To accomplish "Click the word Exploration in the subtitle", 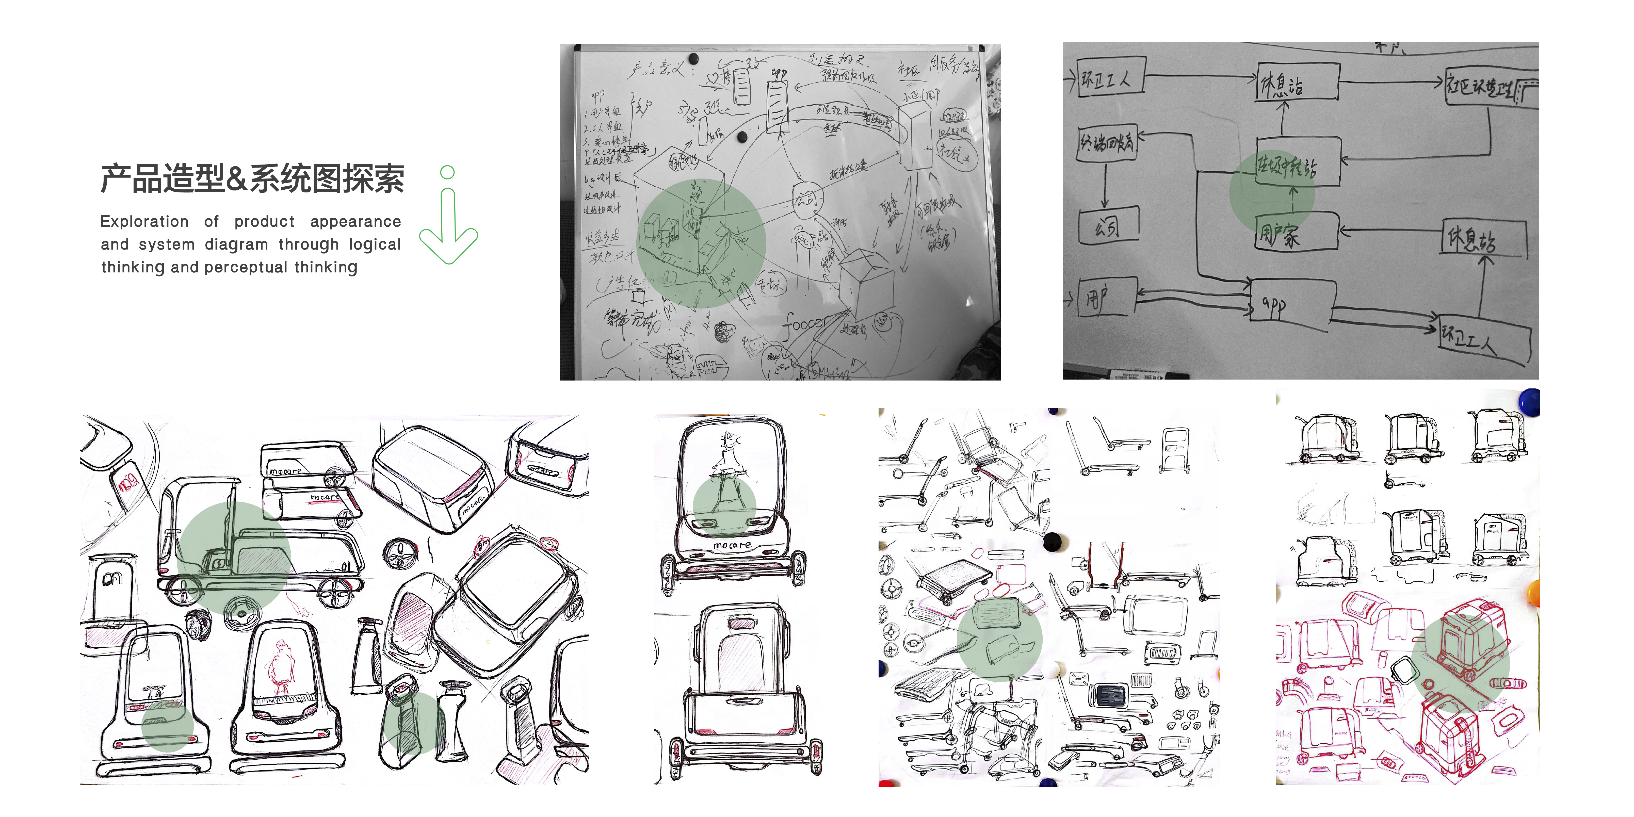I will coord(145,221).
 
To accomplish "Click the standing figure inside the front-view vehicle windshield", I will coord(728,469).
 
